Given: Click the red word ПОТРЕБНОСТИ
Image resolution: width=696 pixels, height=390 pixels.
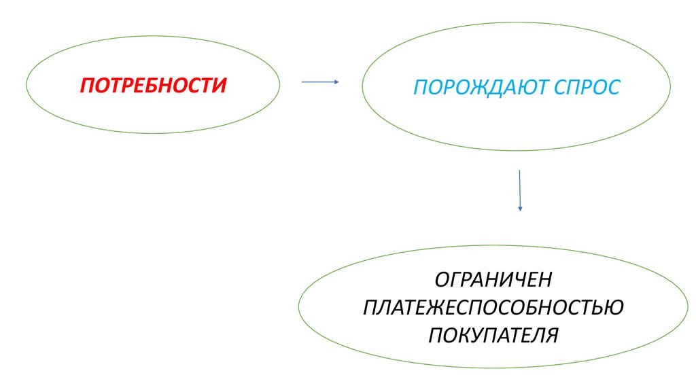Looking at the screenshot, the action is click(152, 86).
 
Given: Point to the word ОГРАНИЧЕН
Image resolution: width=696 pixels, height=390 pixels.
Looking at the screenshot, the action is click(494, 280).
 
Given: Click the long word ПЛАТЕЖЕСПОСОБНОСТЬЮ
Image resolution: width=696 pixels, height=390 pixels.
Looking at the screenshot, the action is click(493, 308).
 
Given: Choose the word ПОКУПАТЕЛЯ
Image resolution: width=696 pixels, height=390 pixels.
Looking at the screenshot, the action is click(493, 335).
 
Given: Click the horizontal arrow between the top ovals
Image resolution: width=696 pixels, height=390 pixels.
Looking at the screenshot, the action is click(319, 82).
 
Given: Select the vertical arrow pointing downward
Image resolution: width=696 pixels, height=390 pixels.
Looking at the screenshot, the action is click(520, 190).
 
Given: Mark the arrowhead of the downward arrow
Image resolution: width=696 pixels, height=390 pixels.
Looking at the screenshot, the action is click(520, 207).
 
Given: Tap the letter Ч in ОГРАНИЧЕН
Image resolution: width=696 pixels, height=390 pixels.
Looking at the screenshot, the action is click(523, 280).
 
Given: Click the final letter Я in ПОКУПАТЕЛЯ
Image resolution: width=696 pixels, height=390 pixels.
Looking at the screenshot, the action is click(551, 335).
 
